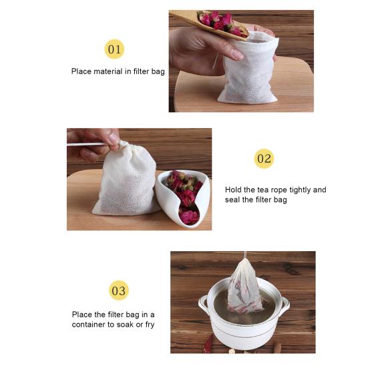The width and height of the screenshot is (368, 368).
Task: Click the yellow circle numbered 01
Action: (114, 49)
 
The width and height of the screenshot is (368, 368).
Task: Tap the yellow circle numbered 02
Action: (264, 159)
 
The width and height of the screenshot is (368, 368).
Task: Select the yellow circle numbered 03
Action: (119, 291)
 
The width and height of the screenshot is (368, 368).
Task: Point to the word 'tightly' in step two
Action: (300, 190)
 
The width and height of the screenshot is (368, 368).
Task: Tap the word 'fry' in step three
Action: (150, 325)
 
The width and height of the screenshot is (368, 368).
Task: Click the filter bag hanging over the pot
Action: (245, 289)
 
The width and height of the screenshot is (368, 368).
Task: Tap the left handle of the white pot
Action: (203, 305)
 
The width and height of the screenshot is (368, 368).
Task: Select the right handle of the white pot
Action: (285, 305)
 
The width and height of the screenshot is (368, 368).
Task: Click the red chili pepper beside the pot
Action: (208, 345)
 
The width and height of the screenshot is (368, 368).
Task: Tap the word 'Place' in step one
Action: (81, 71)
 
